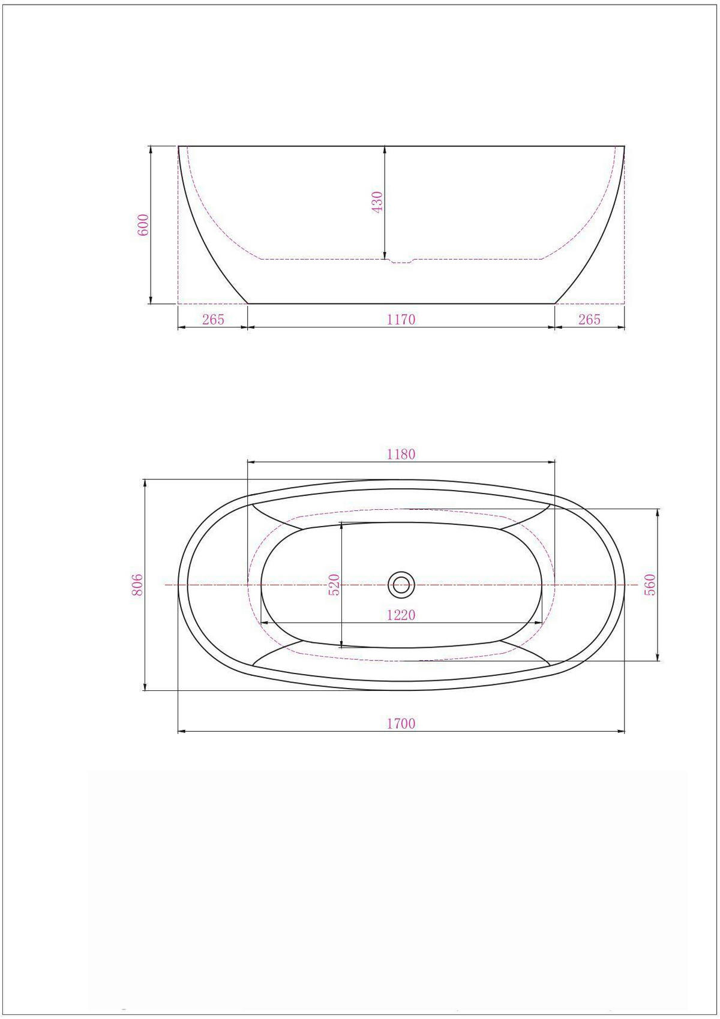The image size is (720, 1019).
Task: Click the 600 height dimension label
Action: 143,224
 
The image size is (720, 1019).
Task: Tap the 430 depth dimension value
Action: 377,203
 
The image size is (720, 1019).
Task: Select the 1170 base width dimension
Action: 401,320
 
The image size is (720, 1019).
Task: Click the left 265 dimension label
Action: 213,320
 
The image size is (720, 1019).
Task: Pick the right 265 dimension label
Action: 589,320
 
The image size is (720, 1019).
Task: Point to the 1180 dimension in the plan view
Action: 401,454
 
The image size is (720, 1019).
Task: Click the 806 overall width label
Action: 137,585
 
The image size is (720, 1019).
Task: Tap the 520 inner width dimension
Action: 335,585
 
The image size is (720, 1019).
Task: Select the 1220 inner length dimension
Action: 401,615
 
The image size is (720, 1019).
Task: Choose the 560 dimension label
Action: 650,585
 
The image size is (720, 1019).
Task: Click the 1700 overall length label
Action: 401,723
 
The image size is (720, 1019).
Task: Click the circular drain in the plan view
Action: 401,584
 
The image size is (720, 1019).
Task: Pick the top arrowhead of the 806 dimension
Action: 145,483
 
